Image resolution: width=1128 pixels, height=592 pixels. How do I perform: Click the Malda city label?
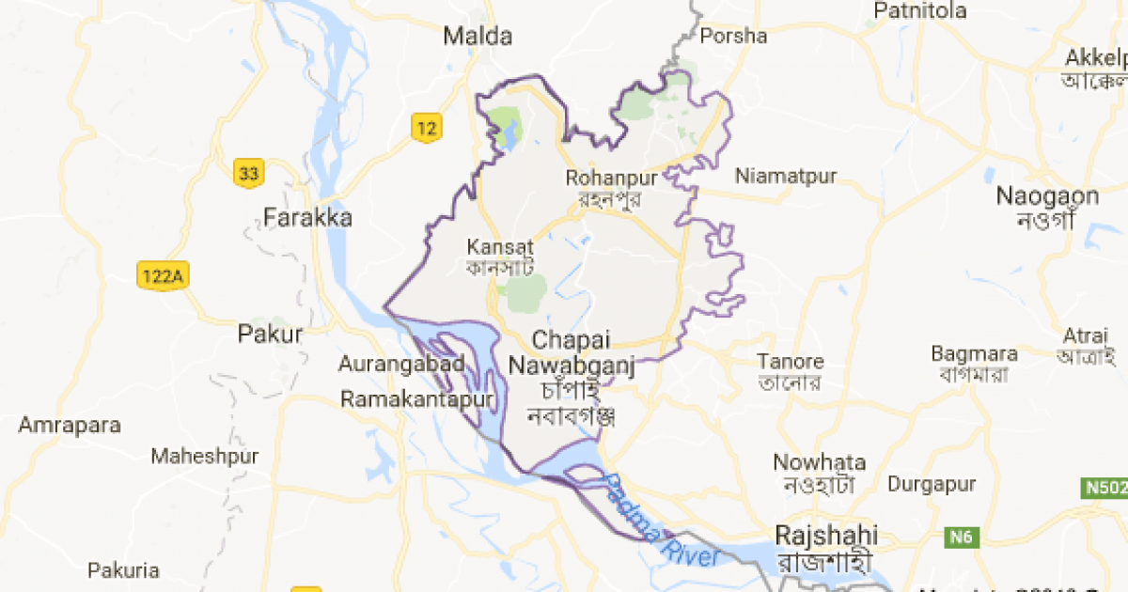(478, 37)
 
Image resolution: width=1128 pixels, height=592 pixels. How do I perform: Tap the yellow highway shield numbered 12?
(427, 127)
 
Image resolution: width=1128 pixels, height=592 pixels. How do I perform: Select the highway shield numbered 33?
(248, 173)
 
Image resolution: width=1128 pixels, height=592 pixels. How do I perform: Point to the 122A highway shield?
(163, 276)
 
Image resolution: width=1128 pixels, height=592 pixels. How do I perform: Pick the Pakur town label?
(271, 334)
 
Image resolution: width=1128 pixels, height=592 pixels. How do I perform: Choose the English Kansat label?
(493, 247)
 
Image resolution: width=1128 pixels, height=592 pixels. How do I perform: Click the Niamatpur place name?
(786, 176)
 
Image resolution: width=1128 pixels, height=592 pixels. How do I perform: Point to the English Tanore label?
(791, 362)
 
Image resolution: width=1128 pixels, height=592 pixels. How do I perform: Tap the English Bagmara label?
(974, 354)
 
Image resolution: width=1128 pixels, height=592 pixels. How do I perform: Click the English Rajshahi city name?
(827, 536)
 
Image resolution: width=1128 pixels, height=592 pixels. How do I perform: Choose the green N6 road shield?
(958, 536)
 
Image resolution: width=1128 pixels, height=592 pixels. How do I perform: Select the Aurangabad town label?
(402, 364)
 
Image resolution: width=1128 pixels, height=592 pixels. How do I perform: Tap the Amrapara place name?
(70, 425)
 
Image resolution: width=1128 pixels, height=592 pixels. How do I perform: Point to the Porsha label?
(733, 37)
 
